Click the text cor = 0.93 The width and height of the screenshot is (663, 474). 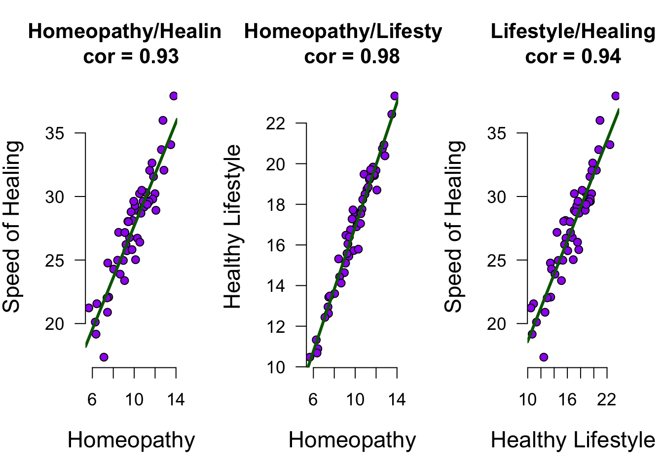pos(131,57)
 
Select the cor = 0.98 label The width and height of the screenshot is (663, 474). pos(352,57)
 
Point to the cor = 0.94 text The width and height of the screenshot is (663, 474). pos(573,57)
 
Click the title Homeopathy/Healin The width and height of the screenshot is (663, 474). pos(125,32)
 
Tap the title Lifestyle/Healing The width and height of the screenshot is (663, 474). pos(573,32)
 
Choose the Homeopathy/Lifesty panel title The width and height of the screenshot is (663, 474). pos(343,32)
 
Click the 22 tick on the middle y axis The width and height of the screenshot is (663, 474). pos(276,123)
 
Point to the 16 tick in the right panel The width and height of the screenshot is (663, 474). pos(567,399)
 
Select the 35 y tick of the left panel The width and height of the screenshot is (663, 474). pos(55,133)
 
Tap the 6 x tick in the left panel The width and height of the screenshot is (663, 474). pos(92,399)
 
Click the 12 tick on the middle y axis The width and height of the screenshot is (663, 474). pos(276,326)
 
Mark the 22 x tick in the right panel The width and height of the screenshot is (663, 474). pos(607,399)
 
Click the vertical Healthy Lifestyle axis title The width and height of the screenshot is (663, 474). pos(233,227)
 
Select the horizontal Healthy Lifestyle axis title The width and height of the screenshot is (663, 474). pos(573,440)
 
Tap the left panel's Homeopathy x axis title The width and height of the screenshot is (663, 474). pos(131,440)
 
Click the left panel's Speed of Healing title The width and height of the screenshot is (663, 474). pos(12,227)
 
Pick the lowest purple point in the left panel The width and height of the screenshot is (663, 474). pos(104,357)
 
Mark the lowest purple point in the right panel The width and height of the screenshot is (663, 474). pos(544,357)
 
